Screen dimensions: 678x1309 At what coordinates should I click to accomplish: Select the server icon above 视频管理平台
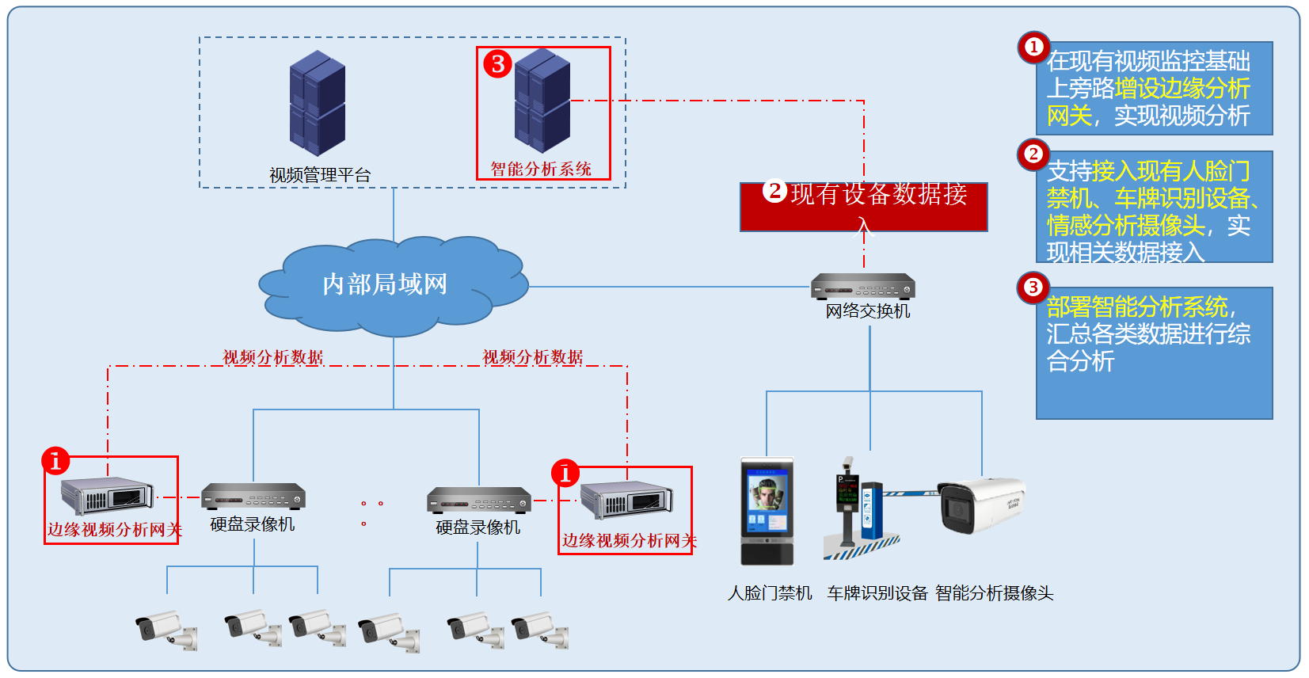[x=317, y=103]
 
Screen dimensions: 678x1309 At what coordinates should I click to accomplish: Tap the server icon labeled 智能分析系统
[x=542, y=101]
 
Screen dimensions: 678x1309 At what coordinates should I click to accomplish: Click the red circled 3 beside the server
[x=498, y=63]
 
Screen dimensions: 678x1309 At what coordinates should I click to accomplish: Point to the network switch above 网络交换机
[x=862, y=286]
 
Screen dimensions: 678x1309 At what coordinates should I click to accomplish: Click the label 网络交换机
[x=867, y=311]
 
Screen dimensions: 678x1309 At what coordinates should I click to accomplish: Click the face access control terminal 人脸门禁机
[x=767, y=511]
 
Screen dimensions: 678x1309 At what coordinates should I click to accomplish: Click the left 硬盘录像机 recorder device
[x=253, y=497]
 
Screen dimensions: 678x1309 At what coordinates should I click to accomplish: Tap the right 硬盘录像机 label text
[x=478, y=528]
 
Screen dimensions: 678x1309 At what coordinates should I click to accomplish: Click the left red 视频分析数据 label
[x=272, y=357]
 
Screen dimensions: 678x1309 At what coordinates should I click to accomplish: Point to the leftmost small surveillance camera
[x=165, y=630]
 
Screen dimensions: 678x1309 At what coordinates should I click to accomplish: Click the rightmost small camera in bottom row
[x=540, y=630]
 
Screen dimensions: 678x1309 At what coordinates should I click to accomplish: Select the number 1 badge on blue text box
[x=1033, y=48]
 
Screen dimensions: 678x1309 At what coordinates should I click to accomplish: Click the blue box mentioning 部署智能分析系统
[x=1154, y=352]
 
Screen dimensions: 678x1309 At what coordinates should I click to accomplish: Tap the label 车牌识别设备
[x=877, y=593]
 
